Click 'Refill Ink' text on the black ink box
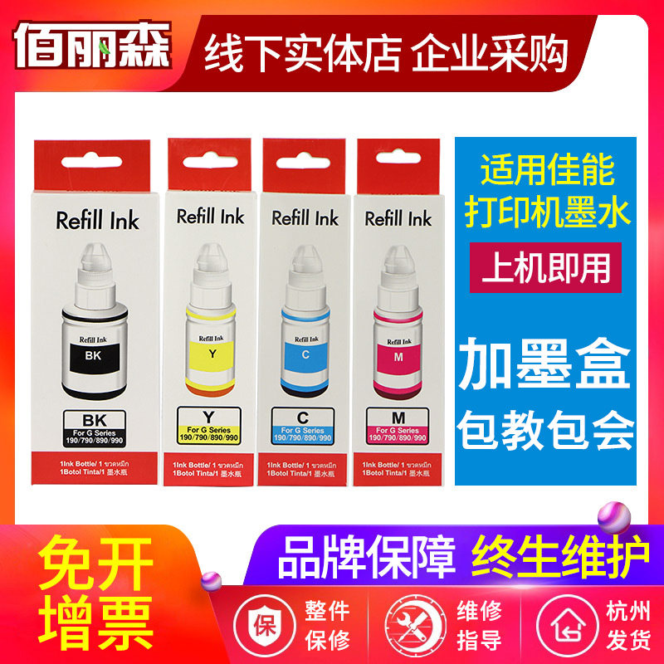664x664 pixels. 97,221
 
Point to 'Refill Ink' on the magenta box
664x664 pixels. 398,218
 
